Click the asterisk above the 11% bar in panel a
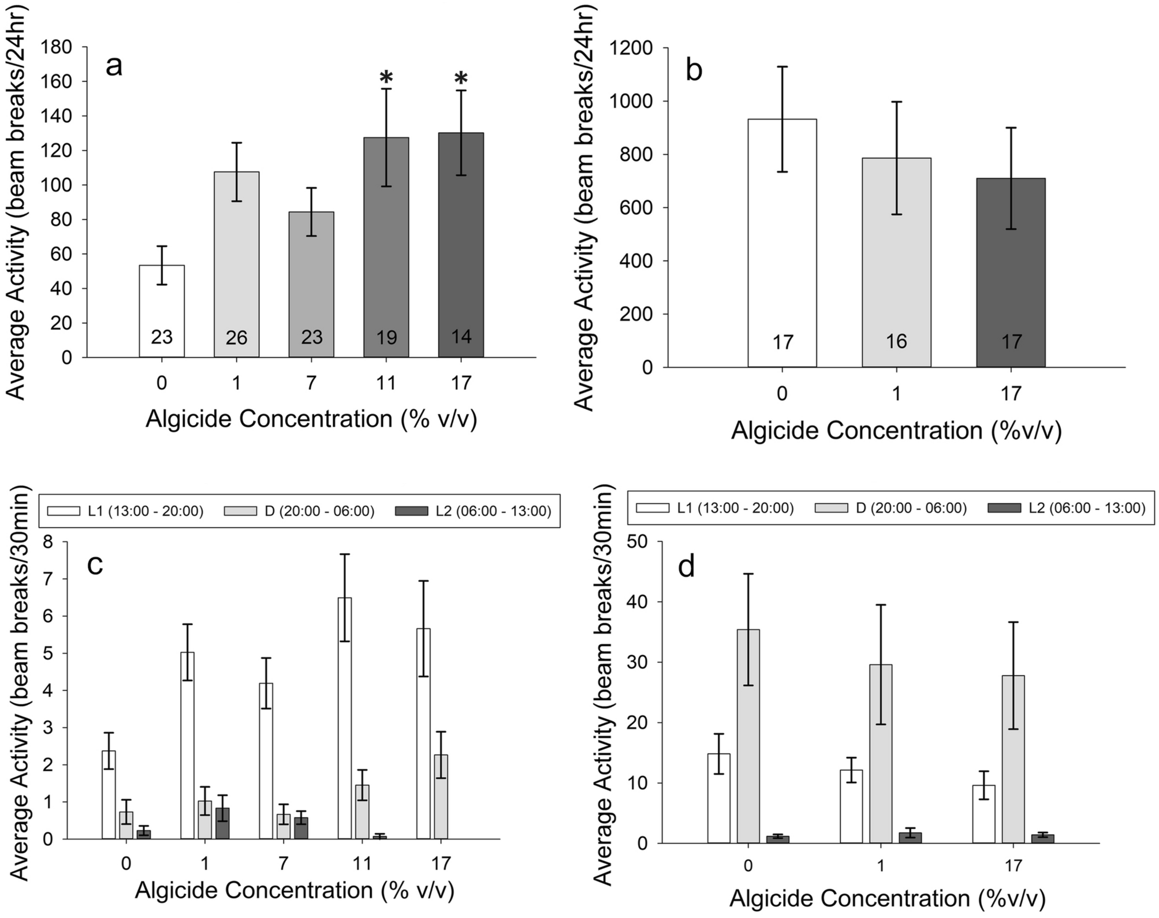coord(386,77)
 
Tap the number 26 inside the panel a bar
coord(236,337)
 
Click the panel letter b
coord(694,71)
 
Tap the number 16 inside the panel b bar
coord(896,342)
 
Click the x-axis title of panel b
coord(896,431)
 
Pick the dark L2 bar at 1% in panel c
coord(222,823)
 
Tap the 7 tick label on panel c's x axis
coord(283,864)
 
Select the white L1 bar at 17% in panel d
coord(983,814)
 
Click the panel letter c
coord(95,565)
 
